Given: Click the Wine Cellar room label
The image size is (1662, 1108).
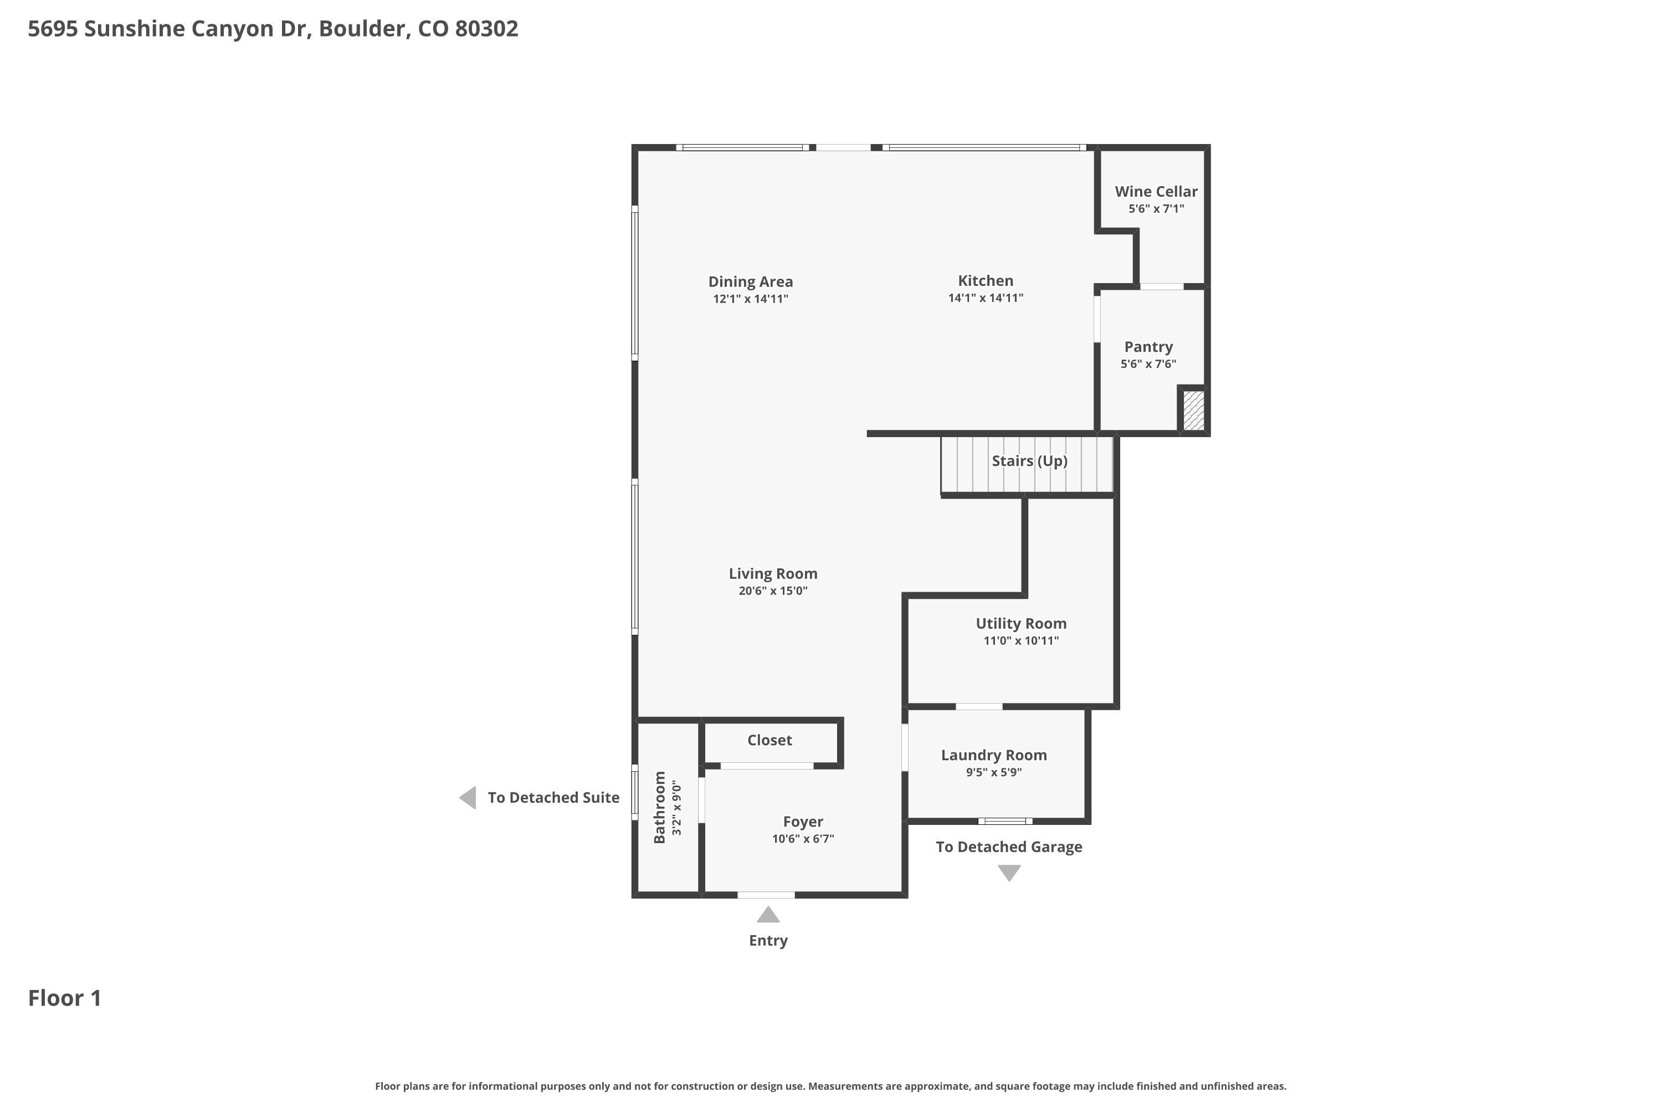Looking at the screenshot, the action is [x=1156, y=192].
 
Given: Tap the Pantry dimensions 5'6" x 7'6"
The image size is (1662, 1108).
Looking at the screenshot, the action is [x=1148, y=364].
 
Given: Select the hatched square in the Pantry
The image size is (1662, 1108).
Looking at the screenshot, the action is [x=1193, y=410].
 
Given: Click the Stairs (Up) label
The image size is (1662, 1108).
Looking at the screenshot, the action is [x=1029, y=461].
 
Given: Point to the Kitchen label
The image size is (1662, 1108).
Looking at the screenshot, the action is [x=986, y=280].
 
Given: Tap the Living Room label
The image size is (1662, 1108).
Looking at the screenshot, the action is [x=773, y=574].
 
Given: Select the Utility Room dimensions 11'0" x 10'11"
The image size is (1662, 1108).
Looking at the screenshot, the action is [x=1021, y=641].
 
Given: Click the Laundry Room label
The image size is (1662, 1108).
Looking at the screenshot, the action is [x=993, y=756].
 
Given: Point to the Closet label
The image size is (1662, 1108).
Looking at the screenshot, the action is [x=770, y=740].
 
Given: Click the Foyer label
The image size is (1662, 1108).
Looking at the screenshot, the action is [x=803, y=822].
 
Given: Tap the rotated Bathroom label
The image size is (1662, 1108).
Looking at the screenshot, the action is [x=660, y=807].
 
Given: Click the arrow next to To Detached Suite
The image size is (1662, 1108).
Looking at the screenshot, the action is [x=468, y=798].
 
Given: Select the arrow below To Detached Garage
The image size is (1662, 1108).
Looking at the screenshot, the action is [x=1009, y=873].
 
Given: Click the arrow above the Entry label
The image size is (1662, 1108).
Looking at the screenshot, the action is [x=768, y=915].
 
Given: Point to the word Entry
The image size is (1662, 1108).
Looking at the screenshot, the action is [x=768, y=941].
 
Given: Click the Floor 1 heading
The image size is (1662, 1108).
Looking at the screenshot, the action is [x=65, y=998].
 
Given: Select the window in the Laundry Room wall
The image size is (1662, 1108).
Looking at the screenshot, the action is [x=1005, y=821].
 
